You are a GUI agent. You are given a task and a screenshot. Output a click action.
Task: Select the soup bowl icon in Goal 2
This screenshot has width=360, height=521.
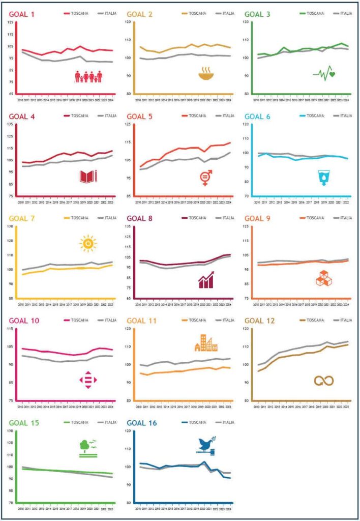coord(206,74)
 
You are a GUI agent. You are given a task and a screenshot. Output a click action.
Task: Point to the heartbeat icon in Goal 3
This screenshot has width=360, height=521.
coord(324,74)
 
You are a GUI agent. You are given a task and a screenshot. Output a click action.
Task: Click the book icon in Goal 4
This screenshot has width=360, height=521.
coord(88,177)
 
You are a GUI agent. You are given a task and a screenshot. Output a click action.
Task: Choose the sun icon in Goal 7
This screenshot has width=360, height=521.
coord(88,244)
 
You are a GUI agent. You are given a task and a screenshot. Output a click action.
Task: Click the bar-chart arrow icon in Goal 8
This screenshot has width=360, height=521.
coord(206,280)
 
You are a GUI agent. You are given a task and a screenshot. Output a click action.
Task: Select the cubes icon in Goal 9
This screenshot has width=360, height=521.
coord(323,279)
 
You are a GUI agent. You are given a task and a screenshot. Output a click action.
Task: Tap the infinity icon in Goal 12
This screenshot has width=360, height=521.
coord(323,380)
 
